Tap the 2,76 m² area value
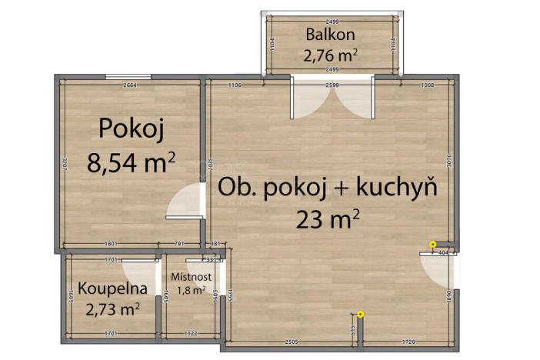pyautogui.click(x=332, y=55)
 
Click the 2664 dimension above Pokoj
pyautogui.click(x=130, y=85)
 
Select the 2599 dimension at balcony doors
pyautogui.click(x=333, y=85)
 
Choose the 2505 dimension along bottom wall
pyautogui.click(x=290, y=340)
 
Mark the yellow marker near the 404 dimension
pyautogui.click(x=433, y=244)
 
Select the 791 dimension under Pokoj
pyautogui.click(x=179, y=245)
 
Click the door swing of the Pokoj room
pyautogui.click(x=184, y=203)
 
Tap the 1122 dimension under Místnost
pyautogui.click(x=191, y=334)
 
